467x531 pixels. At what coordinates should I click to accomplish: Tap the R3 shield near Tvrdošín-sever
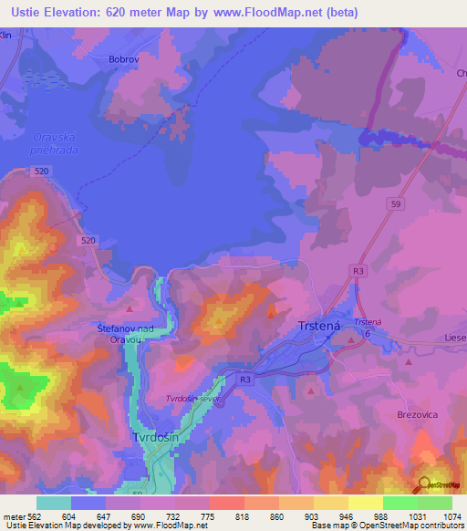[x=244, y=379]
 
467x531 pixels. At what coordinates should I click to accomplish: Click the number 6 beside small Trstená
[x=367, y=335]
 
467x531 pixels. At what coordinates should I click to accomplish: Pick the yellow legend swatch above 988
[x=366, y=503]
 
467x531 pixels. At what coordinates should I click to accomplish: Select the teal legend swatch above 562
[x=54, y=503]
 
